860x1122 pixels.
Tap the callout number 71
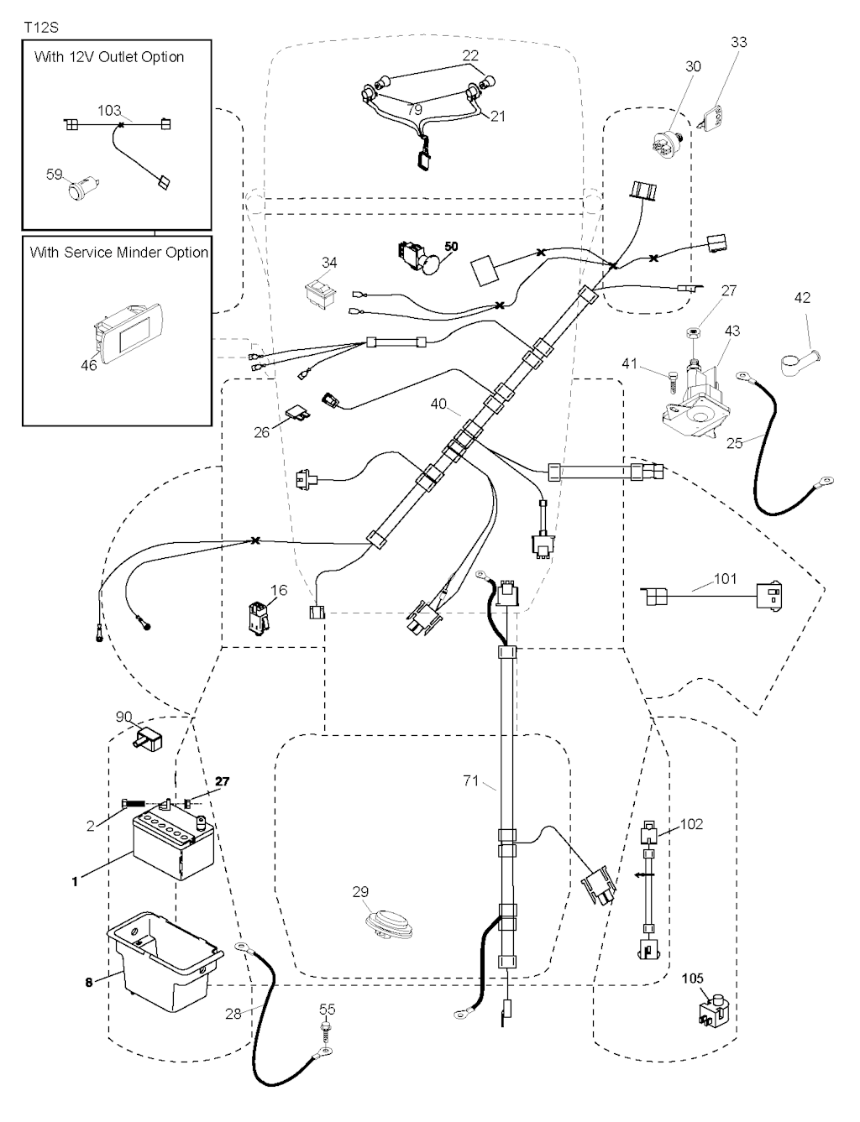[470, 781]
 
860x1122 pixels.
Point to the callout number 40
[438, 404]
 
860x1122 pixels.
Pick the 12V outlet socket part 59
[82, 184]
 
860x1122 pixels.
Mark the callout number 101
[725, 579]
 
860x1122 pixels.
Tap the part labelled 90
[147, 741]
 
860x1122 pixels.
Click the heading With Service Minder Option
[118, 252]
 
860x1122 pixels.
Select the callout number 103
[109, 111]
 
